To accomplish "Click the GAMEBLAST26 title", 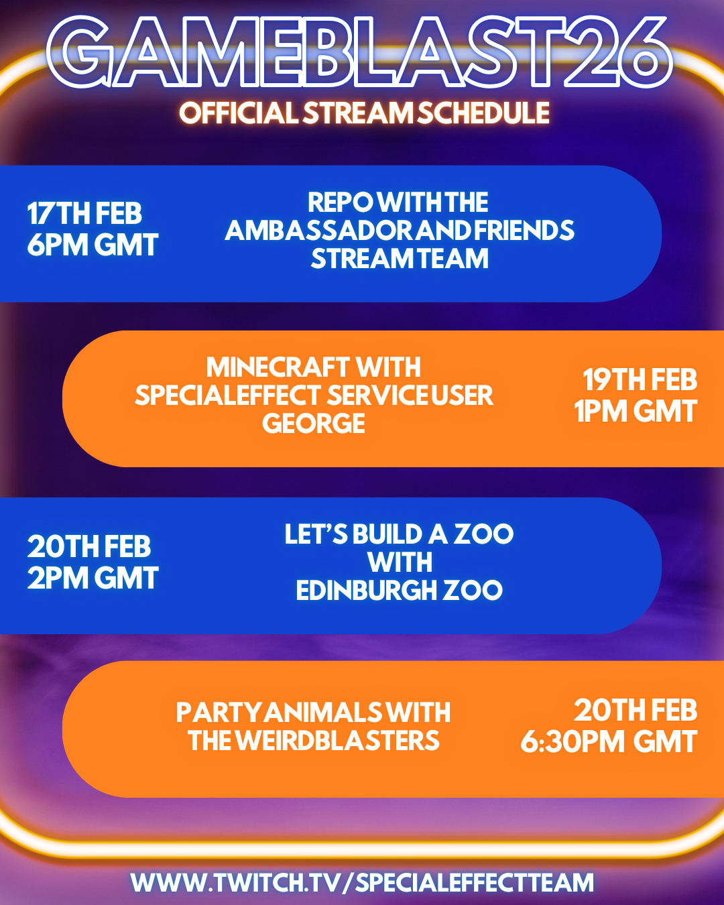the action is tap(360, 52).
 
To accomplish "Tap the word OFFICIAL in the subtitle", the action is tap(239, 113).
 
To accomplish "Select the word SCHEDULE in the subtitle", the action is tap(483, 113).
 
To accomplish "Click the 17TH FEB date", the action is tap(84, 214).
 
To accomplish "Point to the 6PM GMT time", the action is tap(93, 245).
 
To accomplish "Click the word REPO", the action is tap(341, 202).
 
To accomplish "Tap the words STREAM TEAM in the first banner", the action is tap(400, 258).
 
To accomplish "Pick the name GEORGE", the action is tap(314, 423).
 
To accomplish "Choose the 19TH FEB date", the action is tap(640, 379).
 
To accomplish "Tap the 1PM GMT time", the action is tap(636, 411).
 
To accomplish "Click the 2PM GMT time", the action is tap(93, 578).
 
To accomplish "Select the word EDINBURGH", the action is tap(367, 591).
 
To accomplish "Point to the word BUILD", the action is tap(387, 534).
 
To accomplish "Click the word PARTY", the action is tap(219, 713).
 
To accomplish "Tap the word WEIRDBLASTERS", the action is tap(337, 741).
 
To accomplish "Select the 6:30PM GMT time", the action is tap(609, 741).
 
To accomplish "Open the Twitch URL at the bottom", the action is tap(362, 882).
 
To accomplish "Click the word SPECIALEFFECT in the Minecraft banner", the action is tap(228, 396).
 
